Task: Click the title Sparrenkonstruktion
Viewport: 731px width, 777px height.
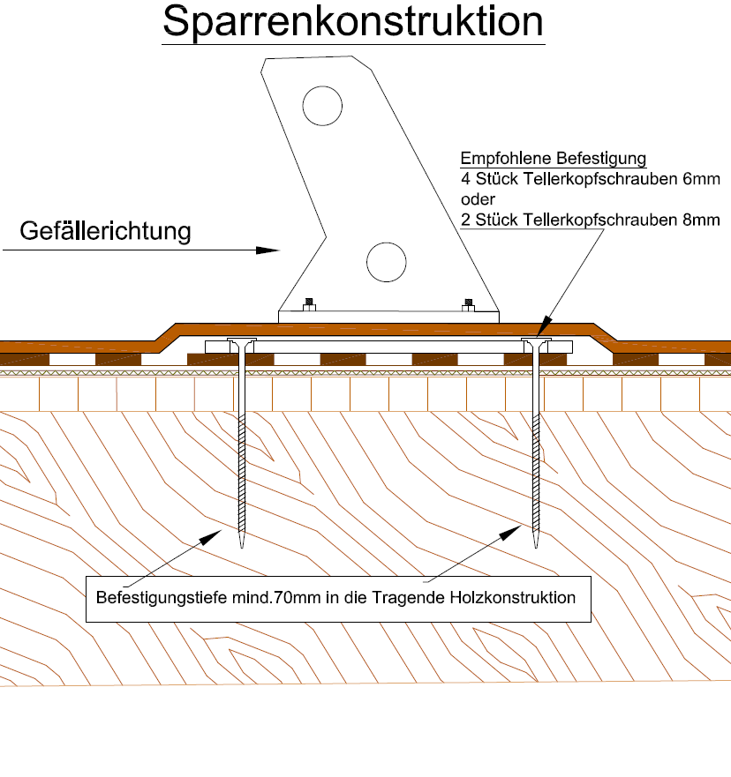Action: pos(353,23)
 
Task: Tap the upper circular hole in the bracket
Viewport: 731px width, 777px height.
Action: pos(321,107)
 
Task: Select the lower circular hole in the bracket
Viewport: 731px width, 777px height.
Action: pos(387,261)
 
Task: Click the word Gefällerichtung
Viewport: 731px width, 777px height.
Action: pos(106,232)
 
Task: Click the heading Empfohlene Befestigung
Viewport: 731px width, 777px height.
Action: pos(554,160)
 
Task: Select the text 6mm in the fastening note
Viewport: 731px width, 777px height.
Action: pos(704,179)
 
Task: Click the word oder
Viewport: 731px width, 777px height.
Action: pos(478,199)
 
